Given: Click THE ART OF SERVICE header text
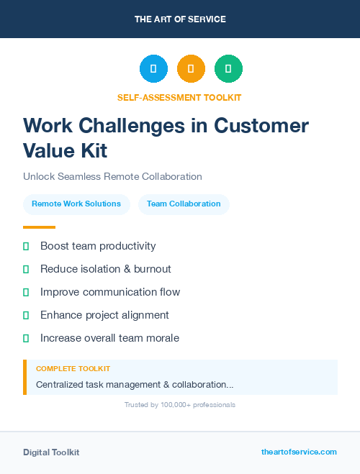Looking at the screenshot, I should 180,19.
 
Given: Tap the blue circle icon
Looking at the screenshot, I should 153,69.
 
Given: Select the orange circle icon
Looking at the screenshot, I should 191,69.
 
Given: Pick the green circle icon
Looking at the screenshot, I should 228,69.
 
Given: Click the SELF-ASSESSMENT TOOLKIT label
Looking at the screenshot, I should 179,97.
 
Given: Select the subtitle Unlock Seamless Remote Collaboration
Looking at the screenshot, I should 112,176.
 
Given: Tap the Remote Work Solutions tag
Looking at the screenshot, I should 76,204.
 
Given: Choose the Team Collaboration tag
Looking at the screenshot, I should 184,204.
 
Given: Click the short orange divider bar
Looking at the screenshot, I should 39,227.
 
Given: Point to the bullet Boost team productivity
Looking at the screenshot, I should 98,246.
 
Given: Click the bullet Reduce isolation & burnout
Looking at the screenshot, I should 105,269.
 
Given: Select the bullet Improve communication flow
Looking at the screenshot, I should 110,292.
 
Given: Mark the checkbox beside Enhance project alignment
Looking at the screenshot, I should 26,315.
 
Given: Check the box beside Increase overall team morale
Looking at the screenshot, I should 26,338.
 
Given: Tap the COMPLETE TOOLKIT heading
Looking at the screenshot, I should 73,369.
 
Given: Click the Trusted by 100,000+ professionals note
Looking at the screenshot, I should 180,405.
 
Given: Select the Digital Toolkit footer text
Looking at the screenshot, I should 51,452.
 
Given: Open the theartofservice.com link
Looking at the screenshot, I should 299,452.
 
